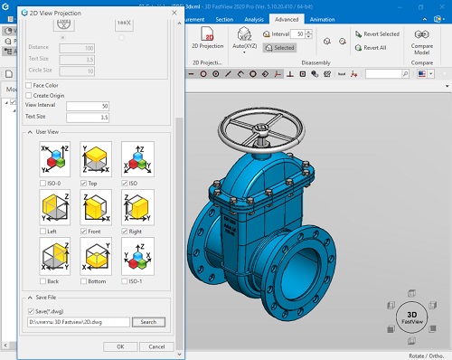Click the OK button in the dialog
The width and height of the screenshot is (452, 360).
click(x=114, y=346)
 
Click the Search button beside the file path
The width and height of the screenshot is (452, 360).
click(x=149, y=322)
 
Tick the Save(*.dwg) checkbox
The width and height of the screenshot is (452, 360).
click(x=33, y=310)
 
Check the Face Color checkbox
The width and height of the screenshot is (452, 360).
click(x=29, y=86)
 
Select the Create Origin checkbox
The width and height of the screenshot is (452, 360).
click(x=29, y=95)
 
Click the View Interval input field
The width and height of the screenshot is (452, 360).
click(x=88, y=106)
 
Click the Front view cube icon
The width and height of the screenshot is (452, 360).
click(x=97, y=207)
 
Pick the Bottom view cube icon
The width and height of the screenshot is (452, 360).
click(x=97, y=256)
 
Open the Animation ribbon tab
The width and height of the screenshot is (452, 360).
click(x=322, y=18)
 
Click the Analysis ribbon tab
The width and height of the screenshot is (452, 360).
click(x=255, y=18)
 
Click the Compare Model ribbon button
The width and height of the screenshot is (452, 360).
click(x=422, y=40)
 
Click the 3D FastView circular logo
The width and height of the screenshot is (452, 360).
click(x=413, y=320)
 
